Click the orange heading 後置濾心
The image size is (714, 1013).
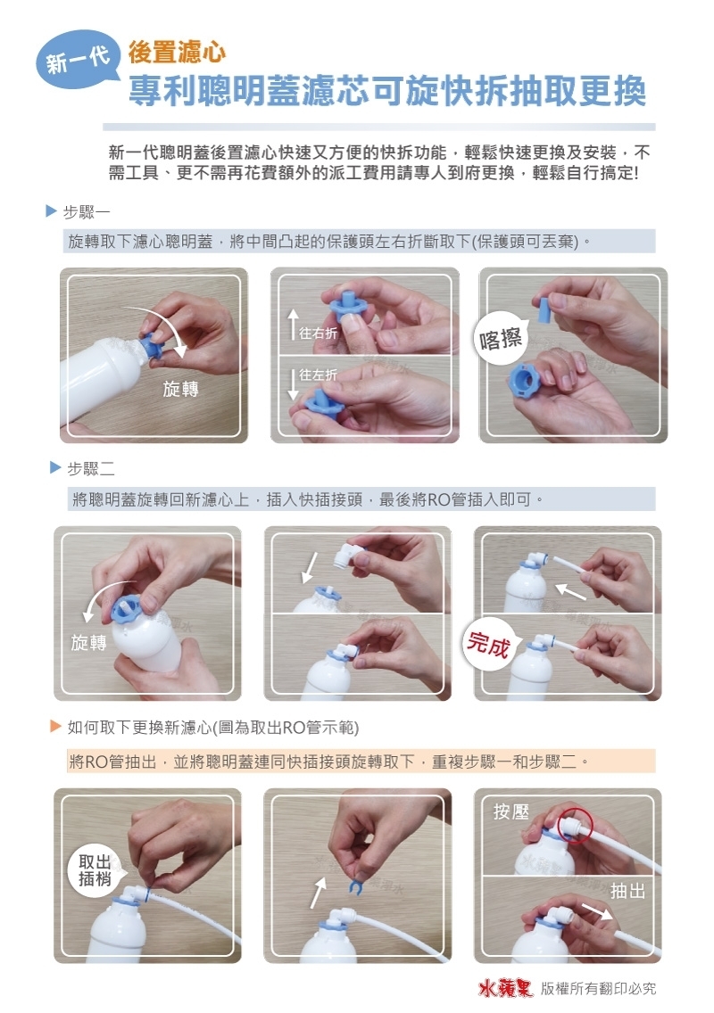tap(177, 53)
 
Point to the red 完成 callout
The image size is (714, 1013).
tap(488, 644)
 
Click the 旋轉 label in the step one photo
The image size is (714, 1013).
tap(180, 390)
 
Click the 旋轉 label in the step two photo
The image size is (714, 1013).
tap(89, 643)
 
